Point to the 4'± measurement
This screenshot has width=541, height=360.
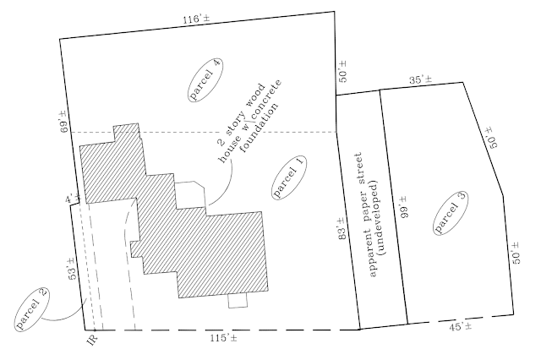(x=70, y=199)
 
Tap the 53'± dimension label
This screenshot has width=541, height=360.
(x=73, y=266)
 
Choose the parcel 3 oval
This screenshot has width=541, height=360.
(x=449, y=215)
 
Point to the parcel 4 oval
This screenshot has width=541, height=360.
(x=205, y=82)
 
